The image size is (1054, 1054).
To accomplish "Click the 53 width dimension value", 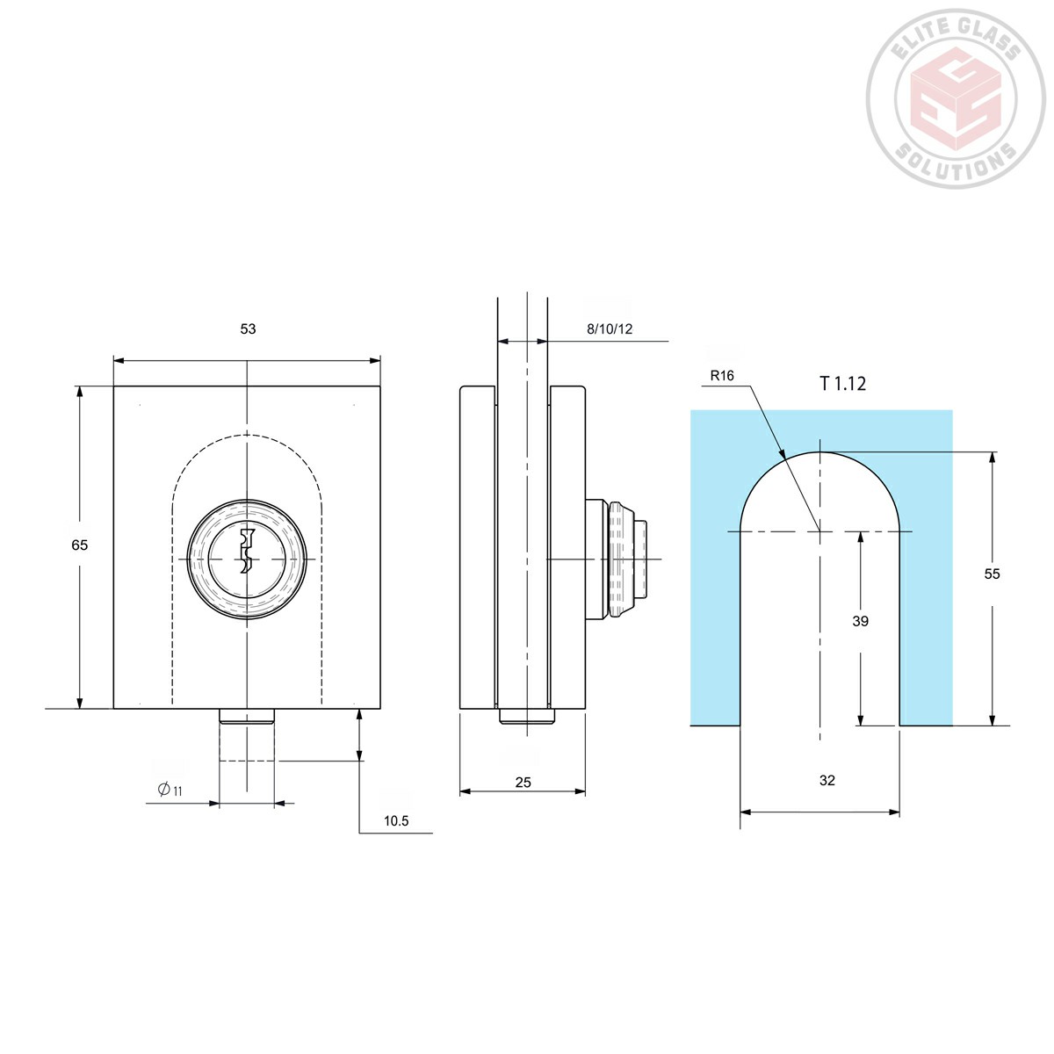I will tap(248, 328).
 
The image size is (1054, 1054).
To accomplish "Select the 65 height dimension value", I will tap(80, 545).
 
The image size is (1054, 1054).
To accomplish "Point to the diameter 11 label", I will tap(170, 790).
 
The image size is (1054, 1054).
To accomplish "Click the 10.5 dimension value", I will tap(396, 821).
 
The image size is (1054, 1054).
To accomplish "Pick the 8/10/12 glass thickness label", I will tap(610, 329).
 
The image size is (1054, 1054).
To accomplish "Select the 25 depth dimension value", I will tap(523, 782).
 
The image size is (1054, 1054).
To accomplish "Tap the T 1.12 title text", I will tap(842, 383).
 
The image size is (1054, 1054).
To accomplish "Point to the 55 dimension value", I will tap(992, 574).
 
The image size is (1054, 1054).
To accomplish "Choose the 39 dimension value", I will tap(861, 621).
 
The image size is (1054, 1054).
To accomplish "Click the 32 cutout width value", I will tap(827, 780).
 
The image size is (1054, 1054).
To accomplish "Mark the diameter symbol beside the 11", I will tap(163, 789).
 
